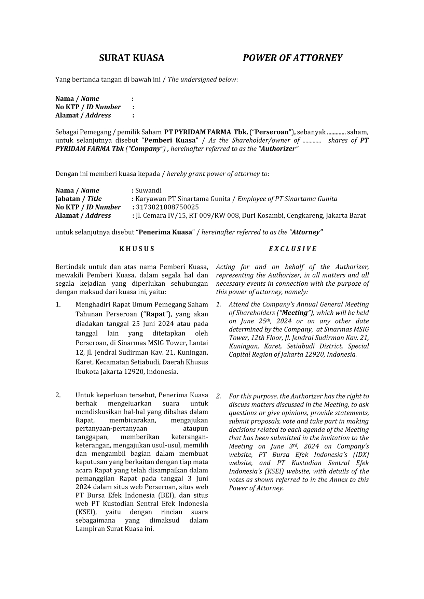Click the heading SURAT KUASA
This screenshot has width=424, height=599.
[x=132, y=58]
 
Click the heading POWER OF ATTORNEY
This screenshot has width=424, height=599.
[x=292, y=58]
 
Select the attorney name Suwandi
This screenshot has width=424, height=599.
[x=148, y=190]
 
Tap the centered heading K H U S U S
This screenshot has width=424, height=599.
[x=137, y=249]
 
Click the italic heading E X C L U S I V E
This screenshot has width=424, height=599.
[x=292, y=249]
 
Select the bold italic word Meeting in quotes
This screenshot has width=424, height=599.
[x=295, y=313]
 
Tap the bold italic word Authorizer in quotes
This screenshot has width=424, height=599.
[x=278, y=149]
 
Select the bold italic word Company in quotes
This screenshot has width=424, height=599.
[x=144, y=149]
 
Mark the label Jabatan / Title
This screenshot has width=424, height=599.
[x=79, y=199]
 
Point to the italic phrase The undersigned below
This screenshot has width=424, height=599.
[x=202, y=80]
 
